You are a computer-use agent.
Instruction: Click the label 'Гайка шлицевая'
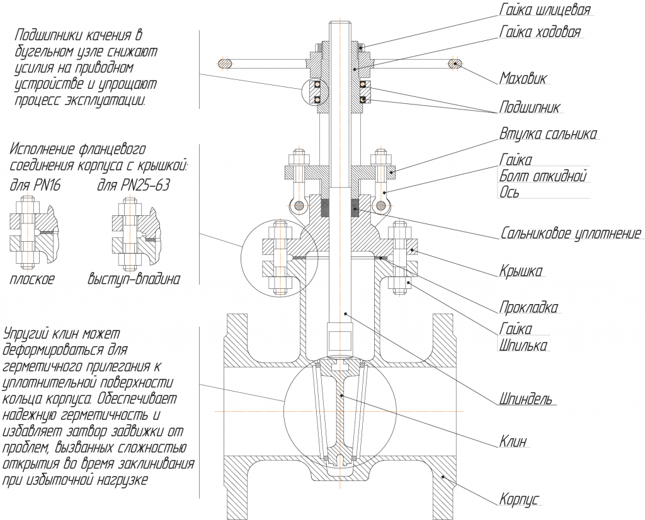point(545,10)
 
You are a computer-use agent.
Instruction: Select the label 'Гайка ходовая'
point(540,31)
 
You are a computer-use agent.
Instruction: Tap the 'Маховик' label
point(523,79)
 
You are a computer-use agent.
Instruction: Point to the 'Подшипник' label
point(529,107)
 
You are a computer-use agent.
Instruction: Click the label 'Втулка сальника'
point(548,134)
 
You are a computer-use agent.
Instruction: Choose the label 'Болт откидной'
point(543,176)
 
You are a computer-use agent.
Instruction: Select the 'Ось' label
point(510,193)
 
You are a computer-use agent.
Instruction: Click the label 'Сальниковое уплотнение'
point(571,234)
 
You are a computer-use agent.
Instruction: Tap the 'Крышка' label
point(521,271)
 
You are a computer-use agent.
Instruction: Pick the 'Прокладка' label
point(528,308)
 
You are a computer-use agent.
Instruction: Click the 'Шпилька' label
point(523,346)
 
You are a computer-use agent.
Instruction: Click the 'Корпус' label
point(520,500)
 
